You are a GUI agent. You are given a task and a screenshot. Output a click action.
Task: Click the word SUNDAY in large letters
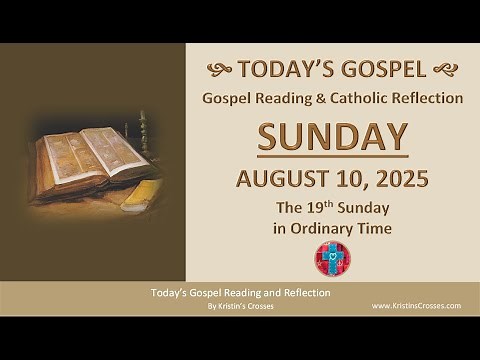click(x=333, y=136)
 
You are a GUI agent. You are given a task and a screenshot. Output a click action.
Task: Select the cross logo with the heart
click(x=331, y=258)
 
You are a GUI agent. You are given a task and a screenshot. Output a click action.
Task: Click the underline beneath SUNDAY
click(x=333, y=156)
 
